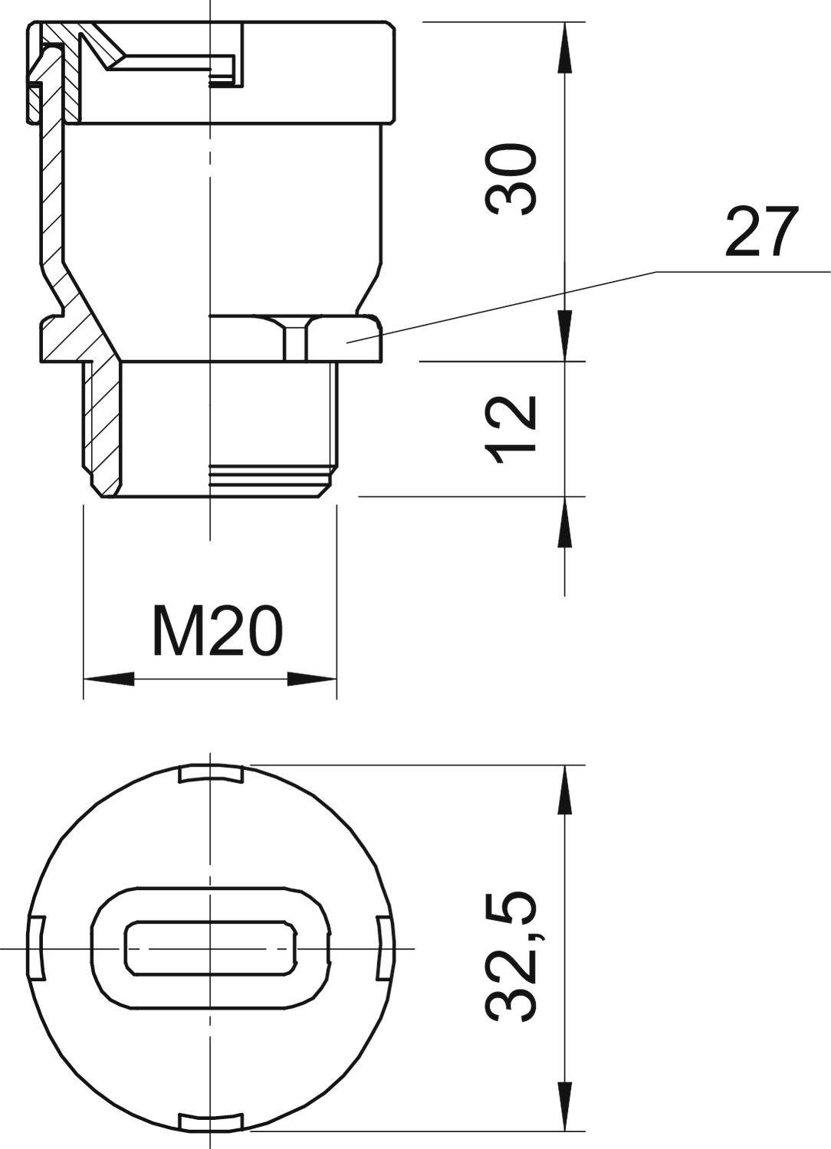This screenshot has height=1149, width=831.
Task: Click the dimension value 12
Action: [x=510, y=429]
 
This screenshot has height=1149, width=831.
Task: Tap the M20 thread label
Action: [x=218, y=633]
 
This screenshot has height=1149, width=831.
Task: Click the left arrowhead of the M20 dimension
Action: [x=107, y=679]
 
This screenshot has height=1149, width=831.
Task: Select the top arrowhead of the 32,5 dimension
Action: [x=566, y=789]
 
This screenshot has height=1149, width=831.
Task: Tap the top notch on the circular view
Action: [x=210, y=774]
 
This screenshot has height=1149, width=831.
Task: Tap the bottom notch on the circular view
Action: [x=210, y=1121]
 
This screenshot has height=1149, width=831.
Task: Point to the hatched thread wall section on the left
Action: [x=103, y=429]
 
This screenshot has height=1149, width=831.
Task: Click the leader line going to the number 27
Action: [x=498, y=306]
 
